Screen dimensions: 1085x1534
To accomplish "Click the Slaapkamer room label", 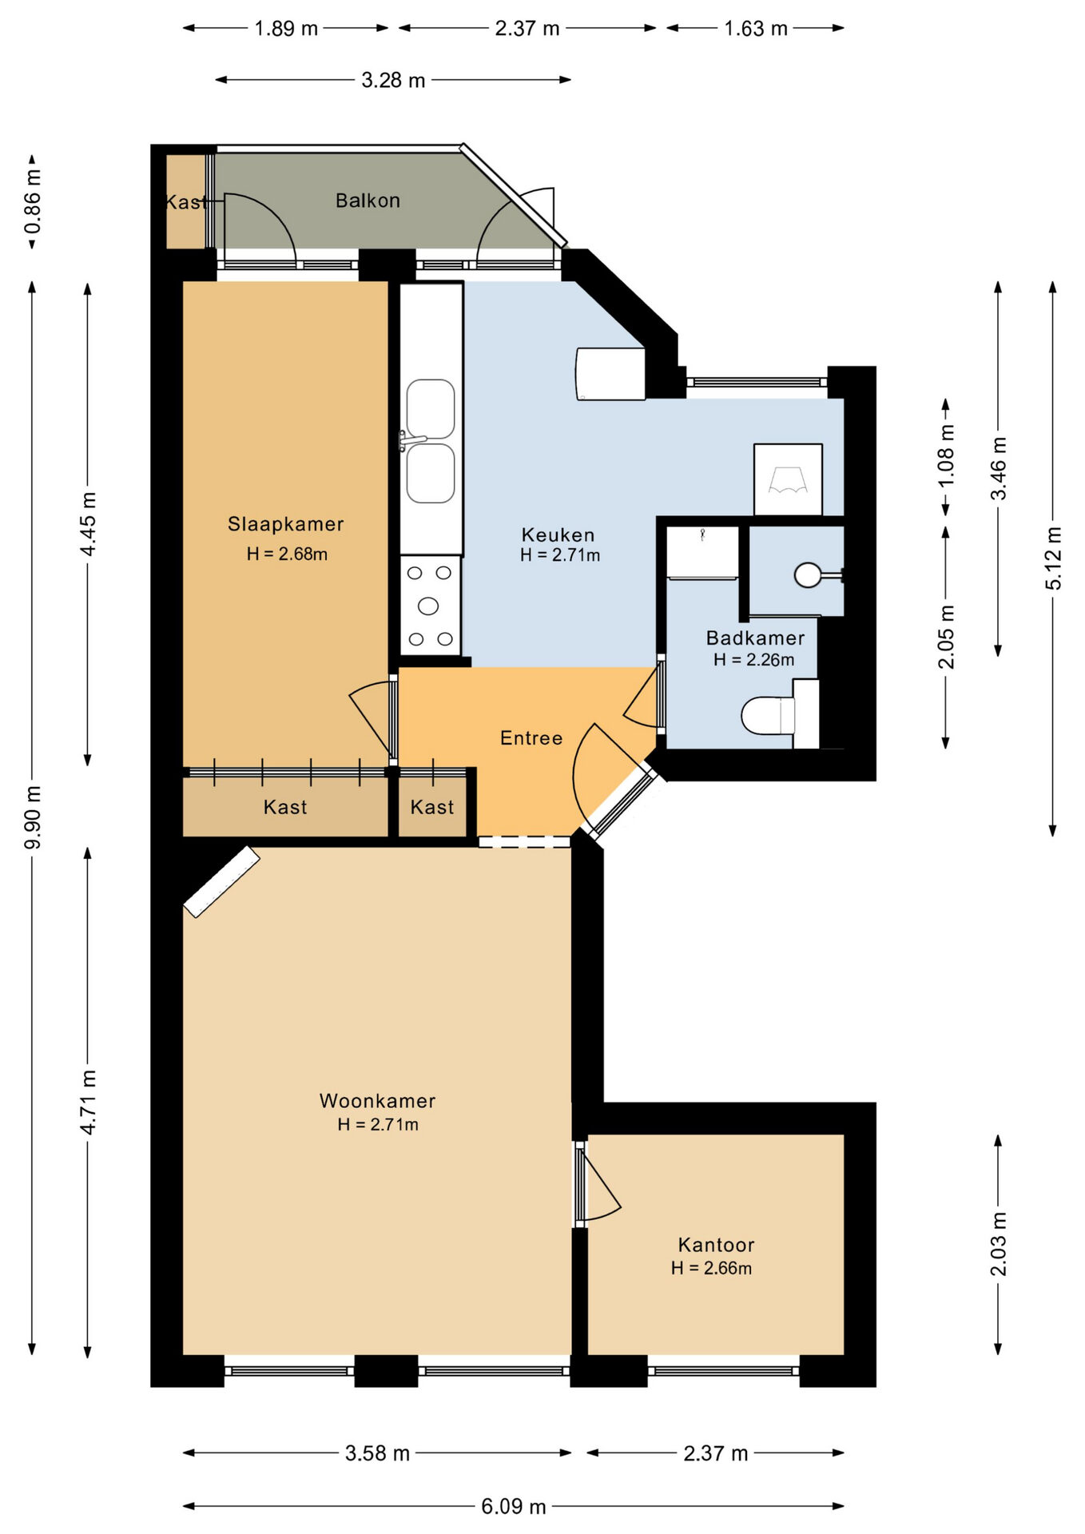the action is point(285,524).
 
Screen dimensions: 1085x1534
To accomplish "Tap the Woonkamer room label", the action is point(377,1101).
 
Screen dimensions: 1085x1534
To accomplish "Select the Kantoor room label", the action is point(716,1245).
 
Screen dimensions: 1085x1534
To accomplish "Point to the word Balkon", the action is point(368,201).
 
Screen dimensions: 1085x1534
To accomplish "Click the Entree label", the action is point(531,738).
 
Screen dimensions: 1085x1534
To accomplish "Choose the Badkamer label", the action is point(755,638).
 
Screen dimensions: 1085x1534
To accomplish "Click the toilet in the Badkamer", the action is point(769,715).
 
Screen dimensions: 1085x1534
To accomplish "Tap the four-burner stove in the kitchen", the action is point(430,606).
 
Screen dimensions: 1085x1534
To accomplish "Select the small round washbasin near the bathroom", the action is point(809,575).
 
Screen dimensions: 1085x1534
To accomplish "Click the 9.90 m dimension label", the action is point(32,817).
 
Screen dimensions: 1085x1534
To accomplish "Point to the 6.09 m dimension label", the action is point(514,1506).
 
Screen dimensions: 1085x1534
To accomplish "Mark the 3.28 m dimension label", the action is point(393,80).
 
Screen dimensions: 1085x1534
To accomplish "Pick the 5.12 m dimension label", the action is point(1054,558).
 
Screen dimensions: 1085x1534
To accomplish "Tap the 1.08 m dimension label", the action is point(946,455).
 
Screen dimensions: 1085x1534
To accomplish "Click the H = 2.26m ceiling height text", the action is point(754,660).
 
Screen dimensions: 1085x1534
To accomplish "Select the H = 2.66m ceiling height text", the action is point(711,1268).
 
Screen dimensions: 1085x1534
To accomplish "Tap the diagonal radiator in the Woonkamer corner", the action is point(221,881).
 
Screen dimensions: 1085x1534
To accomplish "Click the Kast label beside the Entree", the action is point(432,807).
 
